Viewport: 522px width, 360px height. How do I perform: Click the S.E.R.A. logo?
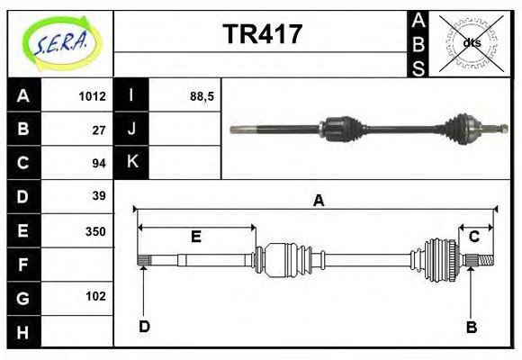60,42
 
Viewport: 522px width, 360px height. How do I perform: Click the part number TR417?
262,35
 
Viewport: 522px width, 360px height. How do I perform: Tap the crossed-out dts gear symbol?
470,43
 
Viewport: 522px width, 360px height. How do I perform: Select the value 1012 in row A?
93,96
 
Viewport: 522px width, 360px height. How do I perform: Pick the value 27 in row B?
99,130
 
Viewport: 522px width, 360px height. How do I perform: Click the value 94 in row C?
99,163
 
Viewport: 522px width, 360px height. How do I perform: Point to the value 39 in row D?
99,196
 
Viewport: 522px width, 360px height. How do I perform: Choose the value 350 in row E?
95,230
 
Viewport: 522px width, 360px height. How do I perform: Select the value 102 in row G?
95,296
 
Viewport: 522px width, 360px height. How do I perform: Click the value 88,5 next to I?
201,96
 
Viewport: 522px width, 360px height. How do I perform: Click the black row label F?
23,264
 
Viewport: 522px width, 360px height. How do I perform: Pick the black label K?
131,163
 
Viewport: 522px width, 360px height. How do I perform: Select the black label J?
131,130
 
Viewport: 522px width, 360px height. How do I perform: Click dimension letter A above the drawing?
318,201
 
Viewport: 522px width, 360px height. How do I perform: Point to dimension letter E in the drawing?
196,237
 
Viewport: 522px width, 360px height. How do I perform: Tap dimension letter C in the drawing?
473,237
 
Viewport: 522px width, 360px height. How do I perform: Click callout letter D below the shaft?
144,326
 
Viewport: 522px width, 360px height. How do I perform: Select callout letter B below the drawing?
471,327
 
